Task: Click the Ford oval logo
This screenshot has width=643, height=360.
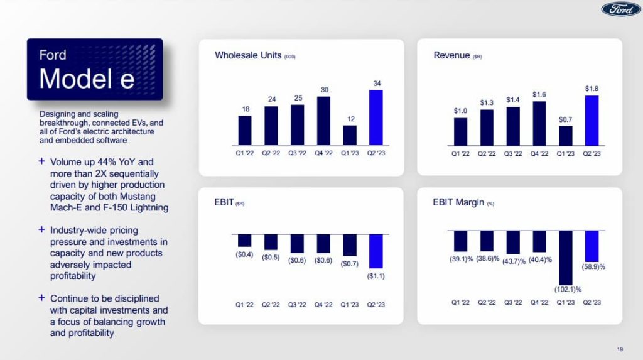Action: click(x=620, y=9)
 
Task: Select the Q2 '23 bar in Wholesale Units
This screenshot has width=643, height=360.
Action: click(x=376, y=117)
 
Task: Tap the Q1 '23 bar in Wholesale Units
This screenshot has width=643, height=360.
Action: click(x=350, y=135)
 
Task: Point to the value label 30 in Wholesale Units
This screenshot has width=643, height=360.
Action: click(x=325, y=90)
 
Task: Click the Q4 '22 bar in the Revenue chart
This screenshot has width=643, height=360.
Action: click(x=539, y=123)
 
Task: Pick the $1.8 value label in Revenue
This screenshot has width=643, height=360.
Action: click(x=592, y=89)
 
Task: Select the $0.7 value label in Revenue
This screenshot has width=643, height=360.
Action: click(x=566, y=119)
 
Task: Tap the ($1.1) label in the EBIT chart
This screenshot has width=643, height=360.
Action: click(x=376, y=275)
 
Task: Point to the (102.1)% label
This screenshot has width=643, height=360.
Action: click(x=568, y=290)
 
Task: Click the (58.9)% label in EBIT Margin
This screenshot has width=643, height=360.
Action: click(x=592, y=267)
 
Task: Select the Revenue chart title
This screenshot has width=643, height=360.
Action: click(x=451, y=55)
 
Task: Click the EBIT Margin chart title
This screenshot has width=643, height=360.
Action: click(x=458, y=202)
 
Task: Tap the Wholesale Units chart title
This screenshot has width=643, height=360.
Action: click(x=249, y=55)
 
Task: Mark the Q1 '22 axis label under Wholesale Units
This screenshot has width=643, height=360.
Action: click(x=244, y=153)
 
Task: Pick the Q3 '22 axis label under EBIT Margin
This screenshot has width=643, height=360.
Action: click(x=513, y=302)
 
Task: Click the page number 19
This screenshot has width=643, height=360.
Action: click(x=620, y=349)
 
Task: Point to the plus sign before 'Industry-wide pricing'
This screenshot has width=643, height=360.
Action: click(x=41, y=230)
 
